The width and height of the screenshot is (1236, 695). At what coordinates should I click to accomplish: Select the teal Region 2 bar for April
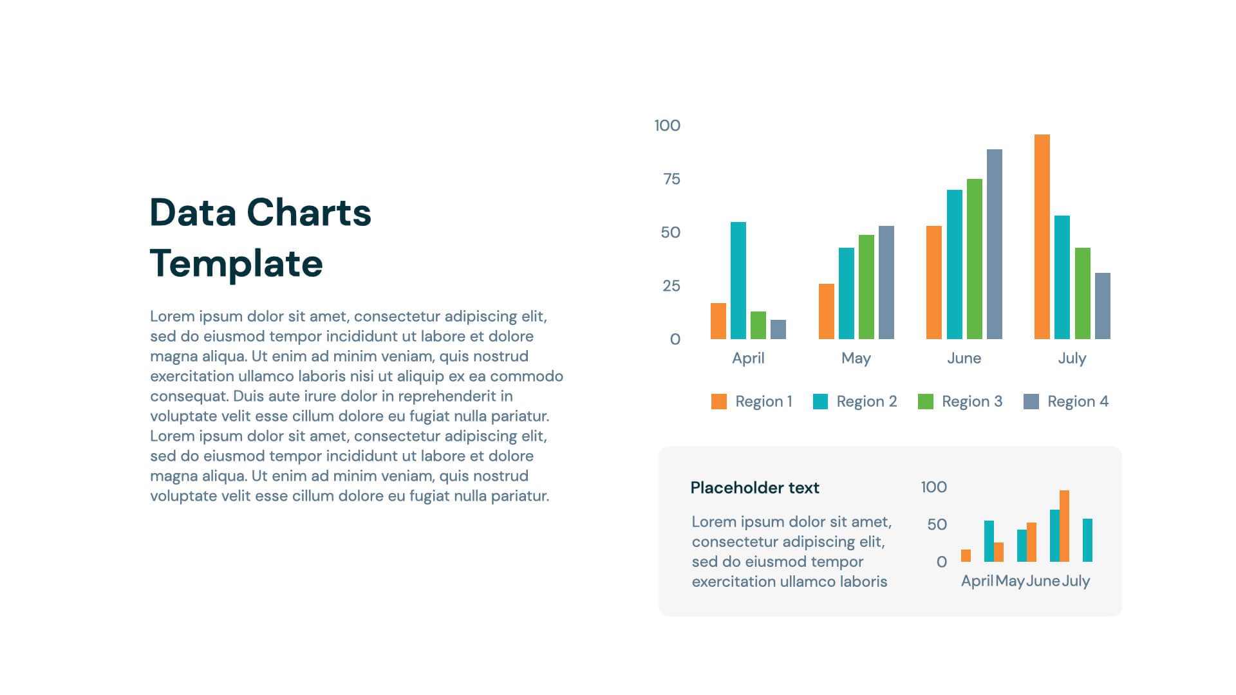[x=738, y=281]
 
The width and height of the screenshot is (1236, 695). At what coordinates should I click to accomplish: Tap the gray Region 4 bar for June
[x=994, y=245]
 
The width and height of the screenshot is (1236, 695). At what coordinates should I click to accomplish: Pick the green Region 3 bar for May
[x=866, y=287]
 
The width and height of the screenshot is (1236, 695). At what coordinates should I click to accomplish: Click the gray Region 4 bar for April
[x=778, y=329]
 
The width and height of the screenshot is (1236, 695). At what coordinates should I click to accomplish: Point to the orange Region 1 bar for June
[x=933, y=283]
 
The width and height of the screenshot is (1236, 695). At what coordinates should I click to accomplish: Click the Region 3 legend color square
[x=925, y=402]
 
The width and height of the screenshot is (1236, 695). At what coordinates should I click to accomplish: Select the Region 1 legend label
[x=763, y=402]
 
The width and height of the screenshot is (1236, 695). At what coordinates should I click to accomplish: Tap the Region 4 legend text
[x=1077, y=402]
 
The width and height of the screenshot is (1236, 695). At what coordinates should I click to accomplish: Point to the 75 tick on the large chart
[x=671, y=179]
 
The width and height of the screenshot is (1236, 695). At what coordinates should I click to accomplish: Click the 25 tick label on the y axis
[x=671, y=286]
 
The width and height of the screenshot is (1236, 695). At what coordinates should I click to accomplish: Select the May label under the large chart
[x=856, y=358]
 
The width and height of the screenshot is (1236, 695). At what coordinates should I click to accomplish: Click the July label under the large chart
[x=1072, y=358]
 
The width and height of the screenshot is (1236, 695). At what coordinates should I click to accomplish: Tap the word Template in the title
[x=236, y=264]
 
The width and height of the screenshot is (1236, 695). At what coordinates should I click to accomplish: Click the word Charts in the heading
[x=309, y=213]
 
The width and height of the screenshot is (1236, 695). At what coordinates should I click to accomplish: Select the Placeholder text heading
[x=754, y=488]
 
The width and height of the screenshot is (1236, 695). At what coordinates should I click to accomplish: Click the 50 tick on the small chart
[x=937, y=524]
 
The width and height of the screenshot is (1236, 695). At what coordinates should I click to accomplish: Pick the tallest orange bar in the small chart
[x=1064, y=526]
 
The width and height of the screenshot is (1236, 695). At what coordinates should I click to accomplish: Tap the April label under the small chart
[x=977, y=581]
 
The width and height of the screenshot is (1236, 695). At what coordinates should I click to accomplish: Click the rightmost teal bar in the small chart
[x=1087, y=540]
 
